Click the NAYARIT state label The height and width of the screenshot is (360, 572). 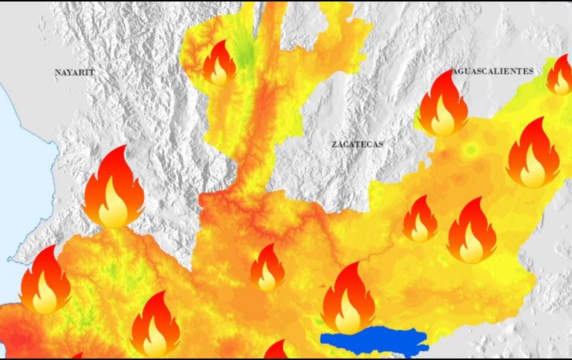tap(75, 73)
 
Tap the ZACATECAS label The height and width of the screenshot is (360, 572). tap(357, 144)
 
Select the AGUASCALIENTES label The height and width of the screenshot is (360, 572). tap(492, 71)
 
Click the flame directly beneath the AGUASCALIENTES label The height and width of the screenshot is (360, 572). tap(443, 105)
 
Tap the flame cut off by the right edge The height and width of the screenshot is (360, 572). tap(559, 75)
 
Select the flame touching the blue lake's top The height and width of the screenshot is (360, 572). tap(348, 299)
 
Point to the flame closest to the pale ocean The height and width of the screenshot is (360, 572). tap(45, 281)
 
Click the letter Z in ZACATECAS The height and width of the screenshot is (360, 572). tap(334, 144)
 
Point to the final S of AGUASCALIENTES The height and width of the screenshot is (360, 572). tap(530, 71)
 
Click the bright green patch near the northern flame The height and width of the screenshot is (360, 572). tap(243, 52)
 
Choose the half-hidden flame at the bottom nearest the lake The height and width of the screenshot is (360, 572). tap(276, 351)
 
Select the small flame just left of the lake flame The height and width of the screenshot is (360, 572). tap(267, 269)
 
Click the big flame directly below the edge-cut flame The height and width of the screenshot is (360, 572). tap(533, 154)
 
